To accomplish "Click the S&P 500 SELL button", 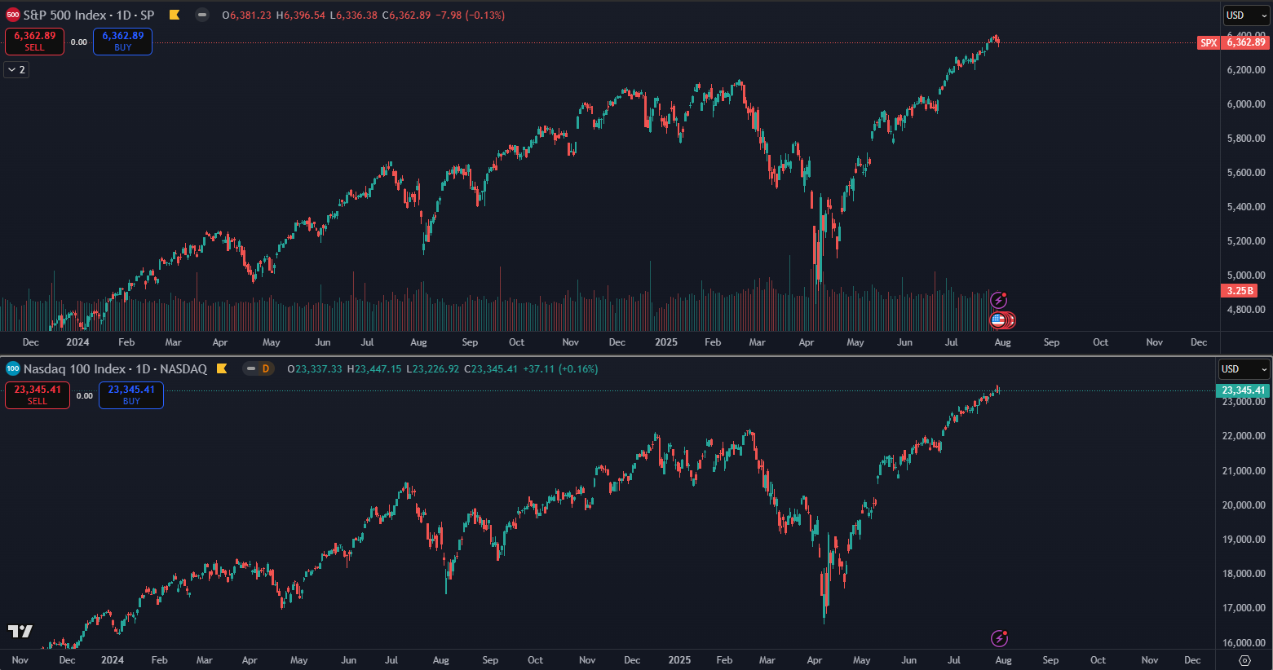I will [34, 42].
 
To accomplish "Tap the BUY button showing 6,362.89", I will [122, 42].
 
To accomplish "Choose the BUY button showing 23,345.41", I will [131, 395].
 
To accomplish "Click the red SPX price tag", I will [1209, 42].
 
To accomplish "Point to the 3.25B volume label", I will [1240, 291].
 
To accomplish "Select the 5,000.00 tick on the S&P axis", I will [1246, 275].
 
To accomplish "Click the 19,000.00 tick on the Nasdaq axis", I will [1244, 540].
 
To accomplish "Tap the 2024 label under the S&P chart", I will [77, 342].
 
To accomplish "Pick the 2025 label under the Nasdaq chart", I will [678, 660].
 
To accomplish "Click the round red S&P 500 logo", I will [13, 15].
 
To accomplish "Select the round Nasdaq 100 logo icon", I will [13, 369].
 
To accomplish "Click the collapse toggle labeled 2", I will [16, 70].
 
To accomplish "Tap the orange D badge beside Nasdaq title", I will [266, 369].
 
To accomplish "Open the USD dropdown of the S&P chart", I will [1246, 15].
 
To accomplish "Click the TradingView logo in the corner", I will [20, 631].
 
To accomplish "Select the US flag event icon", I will [998, 320].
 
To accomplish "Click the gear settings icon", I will [1244, 660].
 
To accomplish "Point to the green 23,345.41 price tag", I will [1243, 390].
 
